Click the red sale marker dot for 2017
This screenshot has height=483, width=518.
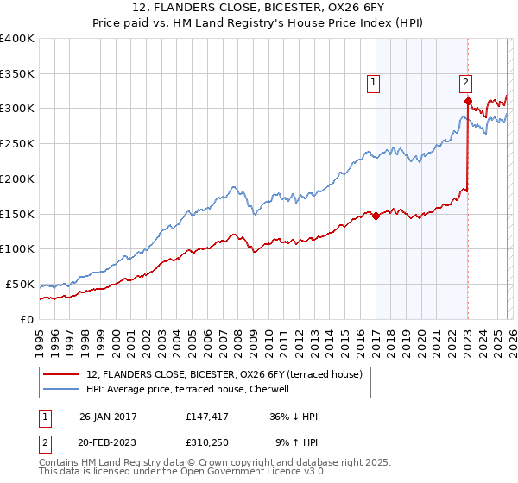coord(376,216)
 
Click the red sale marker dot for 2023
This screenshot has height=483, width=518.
coord(467,101)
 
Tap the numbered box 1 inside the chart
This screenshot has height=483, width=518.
coord(374,83)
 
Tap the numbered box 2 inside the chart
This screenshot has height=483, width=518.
coord(465,83)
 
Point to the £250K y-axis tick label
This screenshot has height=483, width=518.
coord(17,144)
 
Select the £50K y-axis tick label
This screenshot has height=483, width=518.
coord(20,284)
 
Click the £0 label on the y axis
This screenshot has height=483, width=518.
coord(28,319)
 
